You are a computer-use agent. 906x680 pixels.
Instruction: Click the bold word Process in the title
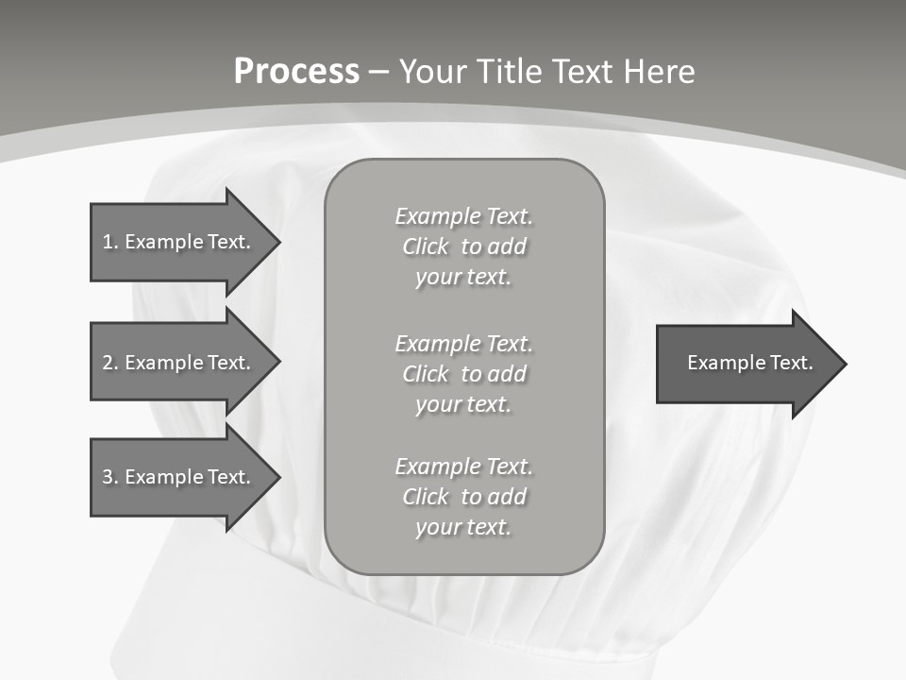(296, 72)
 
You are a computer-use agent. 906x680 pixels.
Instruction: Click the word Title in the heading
(512, 72)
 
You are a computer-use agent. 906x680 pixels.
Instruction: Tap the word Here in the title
(658, 72)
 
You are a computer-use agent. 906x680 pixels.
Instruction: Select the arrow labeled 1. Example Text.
(176, 242)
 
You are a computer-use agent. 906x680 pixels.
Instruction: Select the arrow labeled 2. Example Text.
(176, 363)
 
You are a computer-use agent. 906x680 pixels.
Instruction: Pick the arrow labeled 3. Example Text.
(176, 477)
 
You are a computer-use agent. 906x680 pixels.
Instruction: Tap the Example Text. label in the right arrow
(749, 363)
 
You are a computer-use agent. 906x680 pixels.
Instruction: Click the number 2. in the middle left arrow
(110, 363)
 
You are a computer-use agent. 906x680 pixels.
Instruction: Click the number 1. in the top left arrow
(110, 242)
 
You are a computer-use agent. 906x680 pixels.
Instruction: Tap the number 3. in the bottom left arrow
(110, 477)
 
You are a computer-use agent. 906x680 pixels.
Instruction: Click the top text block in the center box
(464, 246)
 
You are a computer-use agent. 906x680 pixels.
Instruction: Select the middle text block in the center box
(464, 374)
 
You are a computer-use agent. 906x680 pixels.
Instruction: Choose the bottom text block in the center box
(464, 497)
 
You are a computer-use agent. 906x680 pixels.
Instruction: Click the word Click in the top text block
(426, 246)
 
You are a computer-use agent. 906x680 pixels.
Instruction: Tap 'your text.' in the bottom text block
(463, 527)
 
